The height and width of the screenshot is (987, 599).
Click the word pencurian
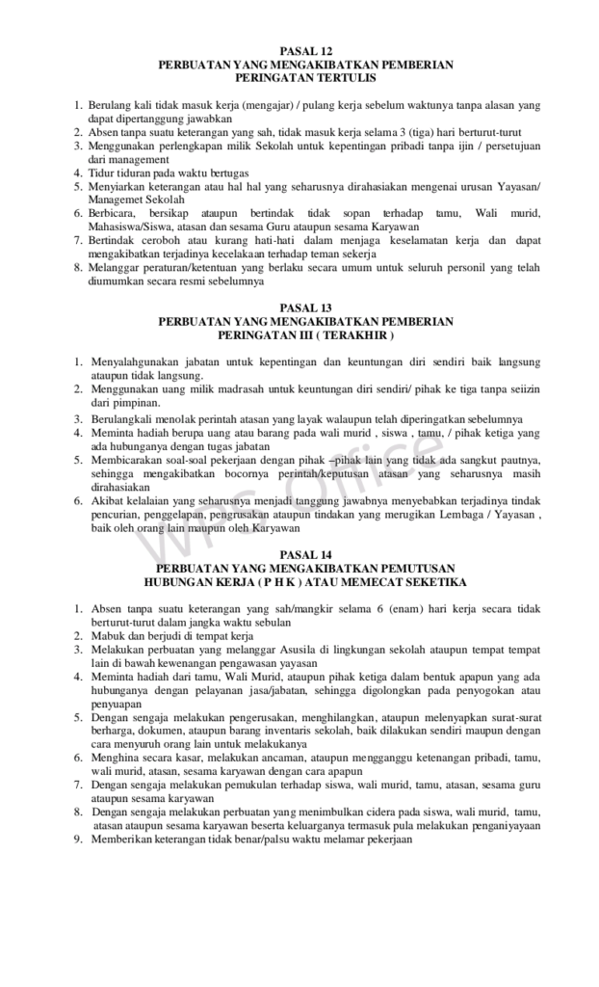coord(116,515)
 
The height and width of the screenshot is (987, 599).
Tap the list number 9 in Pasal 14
coord(78,840)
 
